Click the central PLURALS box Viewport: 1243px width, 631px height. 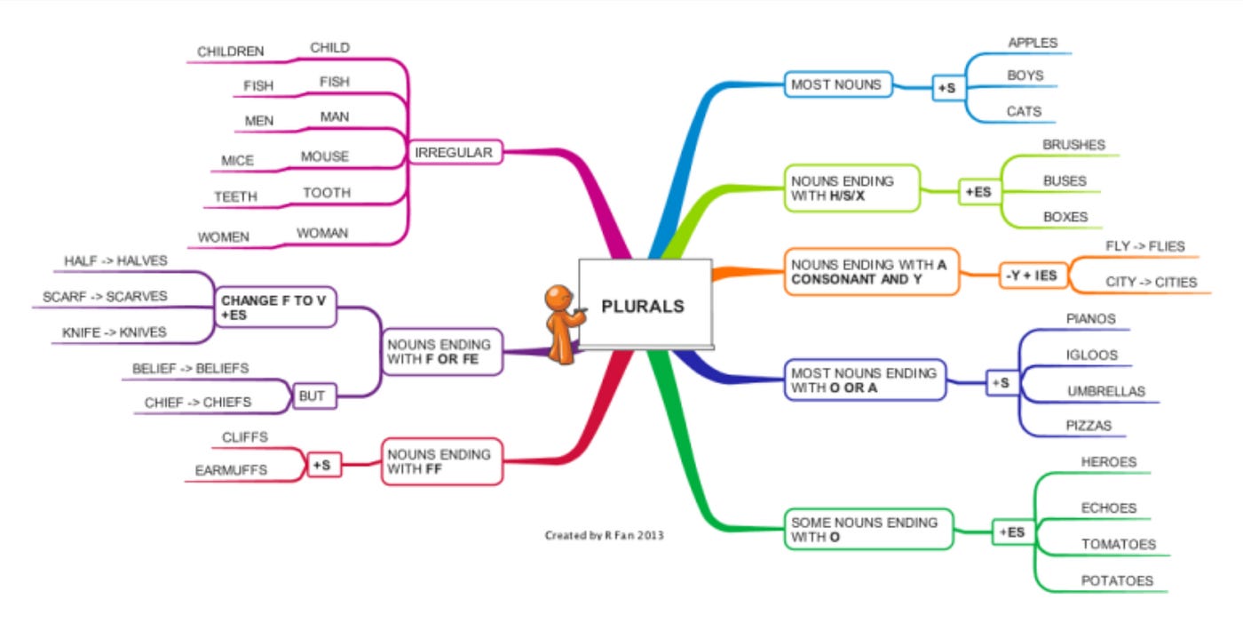645,304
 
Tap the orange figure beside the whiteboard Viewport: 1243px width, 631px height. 563,324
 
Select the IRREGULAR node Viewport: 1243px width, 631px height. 455,152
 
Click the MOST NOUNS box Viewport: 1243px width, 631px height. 838,84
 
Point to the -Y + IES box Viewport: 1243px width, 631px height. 1033,276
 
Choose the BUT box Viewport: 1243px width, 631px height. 313,396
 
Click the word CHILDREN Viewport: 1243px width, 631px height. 230,52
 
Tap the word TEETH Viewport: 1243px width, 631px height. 236,196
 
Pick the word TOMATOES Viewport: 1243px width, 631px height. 1118,544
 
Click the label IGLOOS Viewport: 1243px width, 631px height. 1091,355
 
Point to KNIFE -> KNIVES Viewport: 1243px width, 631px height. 115,332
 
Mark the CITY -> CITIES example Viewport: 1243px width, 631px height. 1152,283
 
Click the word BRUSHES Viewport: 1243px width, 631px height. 1073,145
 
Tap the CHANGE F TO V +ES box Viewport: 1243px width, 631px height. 275,308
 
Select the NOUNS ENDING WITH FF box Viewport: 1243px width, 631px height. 442,461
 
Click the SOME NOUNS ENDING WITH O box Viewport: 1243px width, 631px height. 869,530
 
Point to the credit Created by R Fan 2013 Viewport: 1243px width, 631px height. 605,535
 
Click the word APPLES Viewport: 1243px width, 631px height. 1033,43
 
